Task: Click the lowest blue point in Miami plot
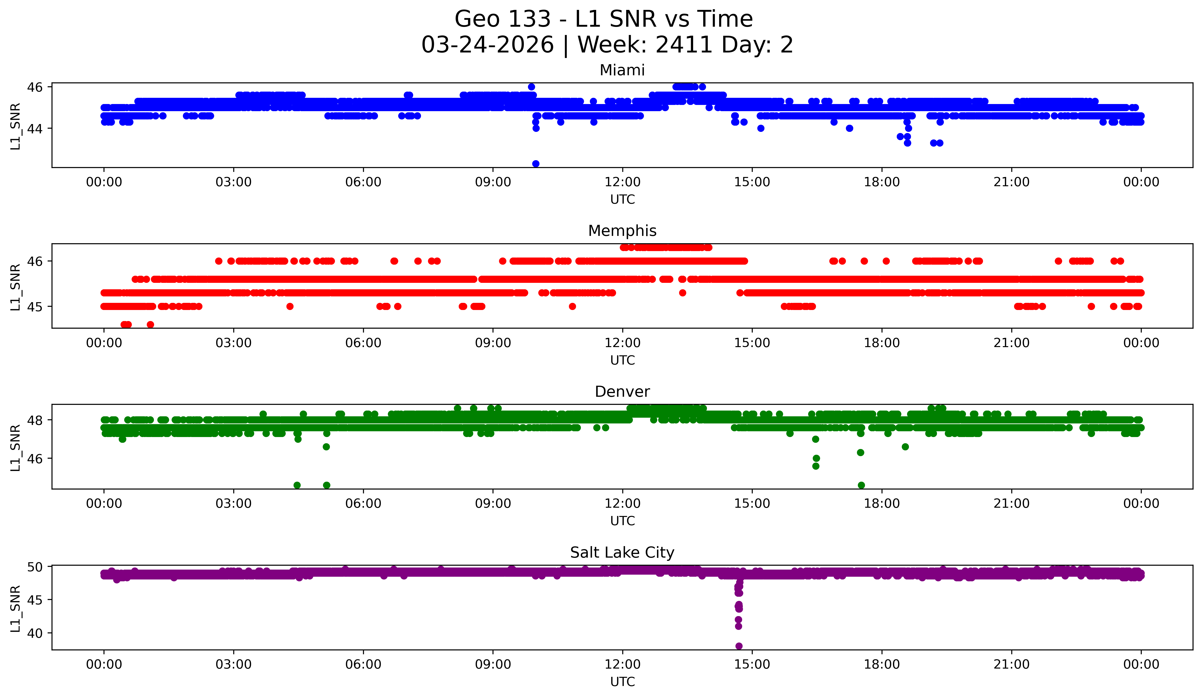coord(536,164)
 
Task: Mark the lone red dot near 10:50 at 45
coord(572,306)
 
